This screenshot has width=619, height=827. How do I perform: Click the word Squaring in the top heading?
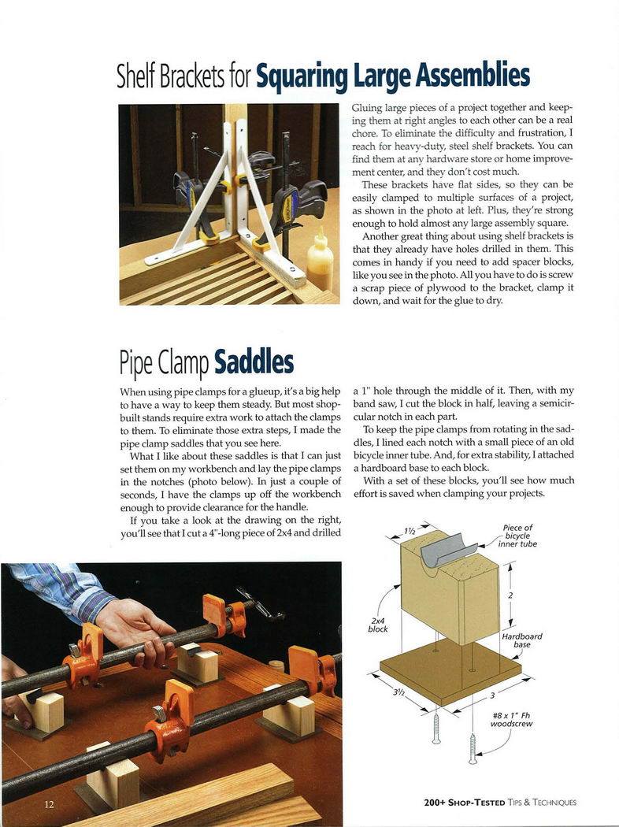coord(302,77)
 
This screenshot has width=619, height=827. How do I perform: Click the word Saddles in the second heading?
coord(254,362)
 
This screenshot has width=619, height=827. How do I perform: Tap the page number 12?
coord(50,803)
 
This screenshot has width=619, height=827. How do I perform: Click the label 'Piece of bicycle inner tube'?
coord(517,536)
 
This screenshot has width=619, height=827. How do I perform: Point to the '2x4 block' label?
coord(378,625)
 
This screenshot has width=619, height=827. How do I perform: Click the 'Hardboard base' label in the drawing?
coord(521,640)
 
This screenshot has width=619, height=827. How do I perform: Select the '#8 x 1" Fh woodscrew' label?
coord(512,720)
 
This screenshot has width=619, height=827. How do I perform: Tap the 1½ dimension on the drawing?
coord(410,531)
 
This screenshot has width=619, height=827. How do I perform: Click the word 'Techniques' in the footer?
coord(551,803)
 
